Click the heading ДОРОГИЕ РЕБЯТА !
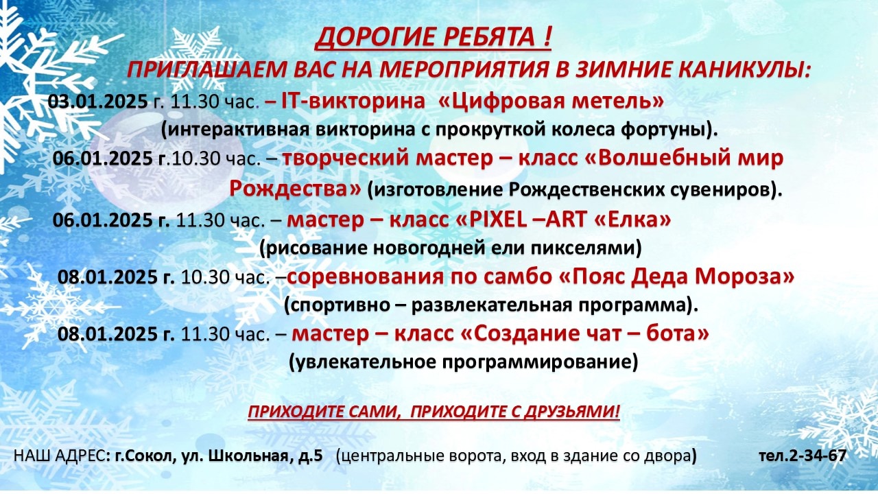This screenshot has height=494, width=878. click(x=433, y=37)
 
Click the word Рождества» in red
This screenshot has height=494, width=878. click(x=295, y=189)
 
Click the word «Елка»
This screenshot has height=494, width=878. click(x=632, y=220)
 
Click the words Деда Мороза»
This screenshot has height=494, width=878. click(x=715, y=277)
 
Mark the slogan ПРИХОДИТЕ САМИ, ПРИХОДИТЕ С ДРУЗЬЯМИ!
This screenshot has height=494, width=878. click(x=434, y=412)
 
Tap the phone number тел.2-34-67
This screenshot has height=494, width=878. click(x=803, y=456)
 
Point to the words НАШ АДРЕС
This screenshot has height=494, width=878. click(x=60, y=456)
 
